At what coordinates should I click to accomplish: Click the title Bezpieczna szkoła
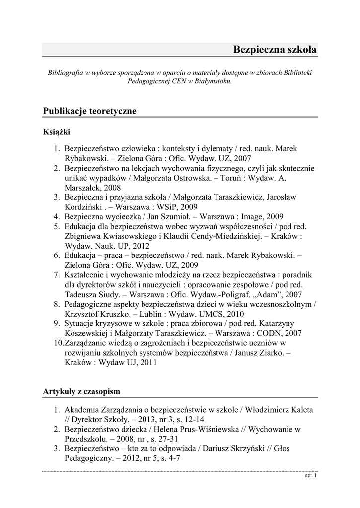pos(275,50)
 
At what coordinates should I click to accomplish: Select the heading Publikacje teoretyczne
pos(89,111)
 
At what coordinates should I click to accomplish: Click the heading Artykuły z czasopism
pos(81,392)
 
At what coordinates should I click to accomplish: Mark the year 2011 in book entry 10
pos(148,362)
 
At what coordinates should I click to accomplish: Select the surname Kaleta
pos(299,410)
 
